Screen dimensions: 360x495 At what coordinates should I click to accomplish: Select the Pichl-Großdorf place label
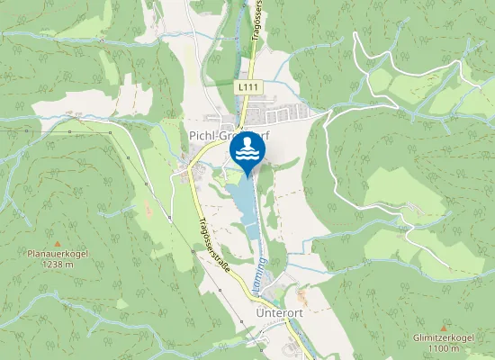229,136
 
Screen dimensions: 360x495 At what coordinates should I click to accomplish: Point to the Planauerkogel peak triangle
57,244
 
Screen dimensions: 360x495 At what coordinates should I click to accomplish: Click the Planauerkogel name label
57,255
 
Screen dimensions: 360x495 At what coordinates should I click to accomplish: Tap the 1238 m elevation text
57,265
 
